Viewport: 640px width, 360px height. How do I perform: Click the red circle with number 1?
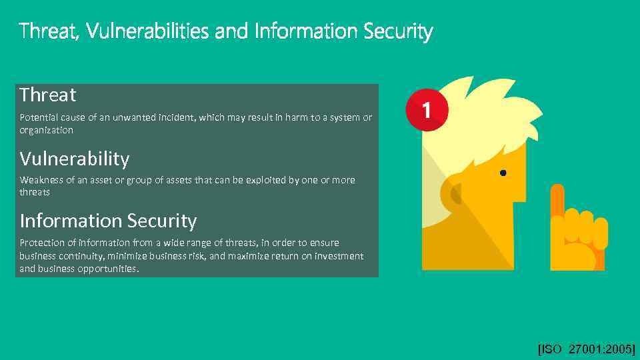point(426,109)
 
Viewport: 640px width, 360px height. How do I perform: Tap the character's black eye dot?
point(503,173)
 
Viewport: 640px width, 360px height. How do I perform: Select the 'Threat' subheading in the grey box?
point(48,95)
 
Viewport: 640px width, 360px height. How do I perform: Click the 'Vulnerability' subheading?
point(75,159)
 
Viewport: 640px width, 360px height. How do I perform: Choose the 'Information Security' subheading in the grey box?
point(108,221)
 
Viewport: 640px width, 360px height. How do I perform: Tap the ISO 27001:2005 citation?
point(586,349)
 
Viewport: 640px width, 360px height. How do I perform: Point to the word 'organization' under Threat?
point(46,130)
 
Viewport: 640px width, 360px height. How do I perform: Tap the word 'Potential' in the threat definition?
point(40,117)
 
